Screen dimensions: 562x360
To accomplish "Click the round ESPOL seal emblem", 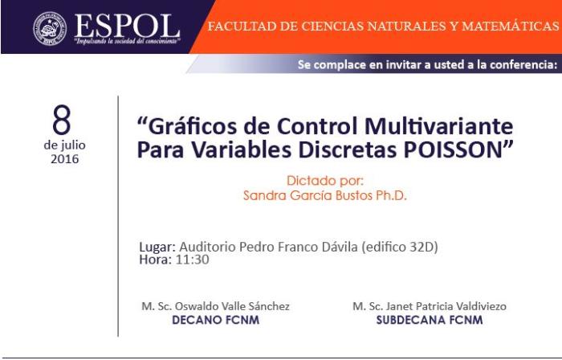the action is (50, 28).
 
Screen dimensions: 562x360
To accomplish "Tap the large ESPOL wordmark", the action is (127, 26).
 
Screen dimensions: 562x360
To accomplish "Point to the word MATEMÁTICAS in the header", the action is (511, 27).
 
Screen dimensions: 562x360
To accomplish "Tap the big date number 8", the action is (62, 120).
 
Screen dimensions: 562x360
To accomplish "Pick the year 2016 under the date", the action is (64, 159).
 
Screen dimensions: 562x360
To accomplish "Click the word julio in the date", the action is (73, 145).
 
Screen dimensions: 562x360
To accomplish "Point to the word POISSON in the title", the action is (453, 150).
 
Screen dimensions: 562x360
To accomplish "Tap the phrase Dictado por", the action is (324, 180).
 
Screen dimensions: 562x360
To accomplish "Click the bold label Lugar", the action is (157, 247).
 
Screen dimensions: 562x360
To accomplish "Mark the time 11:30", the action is (192, 260).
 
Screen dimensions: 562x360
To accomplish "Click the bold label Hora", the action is (155, 260).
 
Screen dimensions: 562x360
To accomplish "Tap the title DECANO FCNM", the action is (216, 320).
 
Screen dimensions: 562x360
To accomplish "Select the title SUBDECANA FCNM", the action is (430, 320).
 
